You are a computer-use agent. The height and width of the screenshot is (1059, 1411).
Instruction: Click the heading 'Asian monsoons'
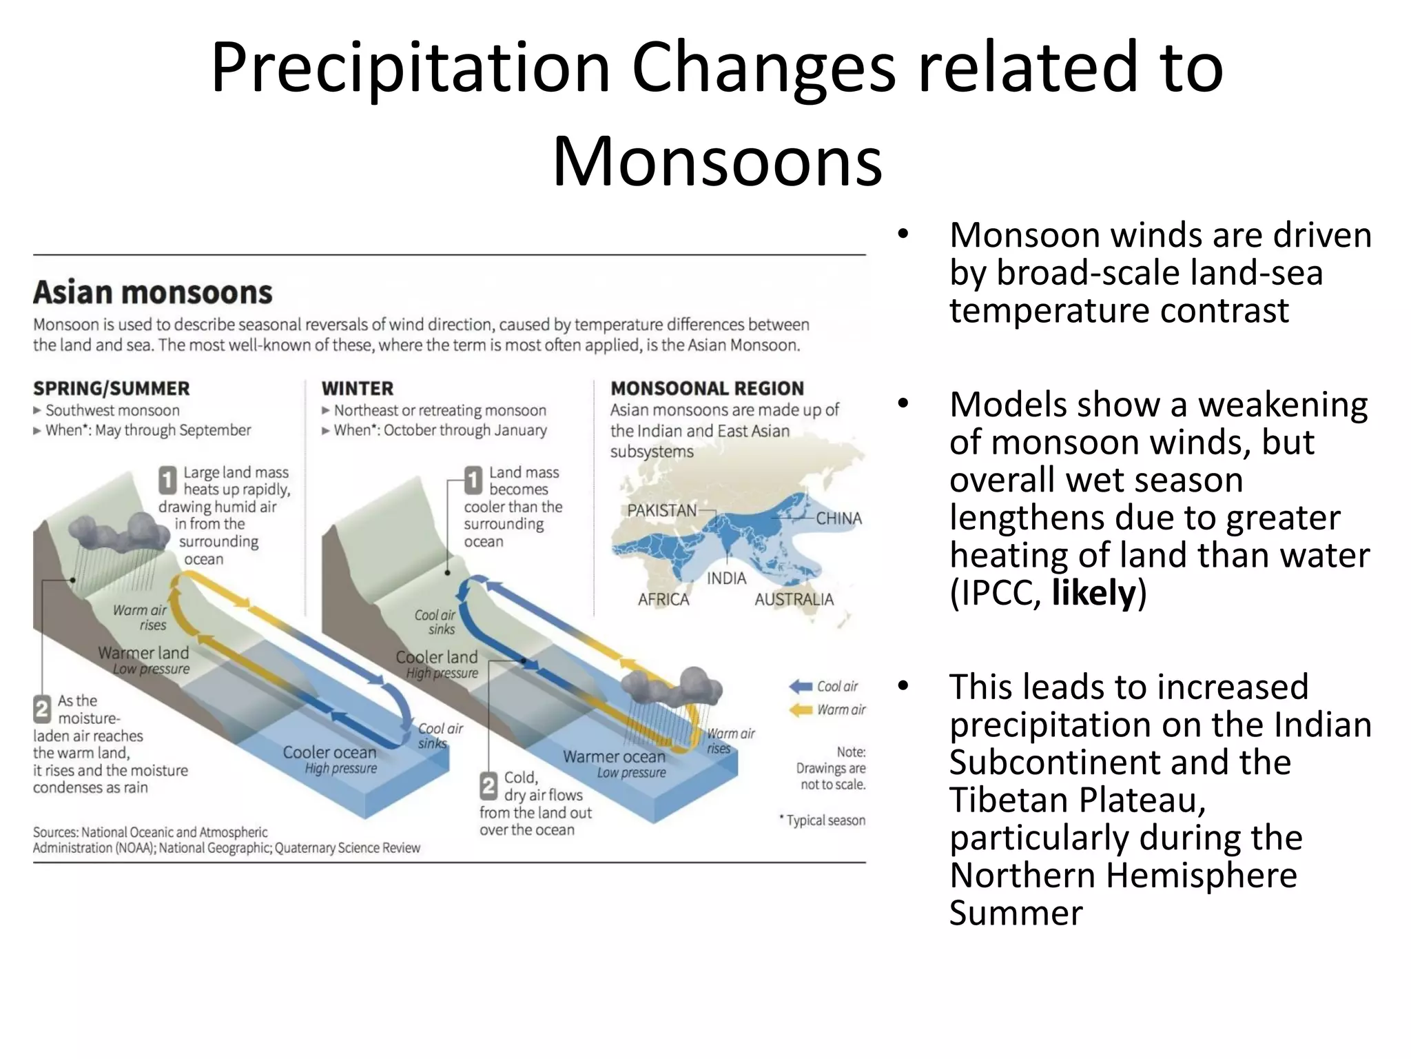[x=152, y=293]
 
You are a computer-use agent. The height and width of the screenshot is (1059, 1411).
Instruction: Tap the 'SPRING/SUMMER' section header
[x=111, y=388]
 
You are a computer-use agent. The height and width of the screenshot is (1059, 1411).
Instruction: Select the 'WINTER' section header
[x=357, y=388]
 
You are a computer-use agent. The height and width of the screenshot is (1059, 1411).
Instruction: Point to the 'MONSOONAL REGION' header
[x=707, y=388]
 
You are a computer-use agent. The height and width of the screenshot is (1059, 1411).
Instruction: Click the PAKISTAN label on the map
[x=661, y=511]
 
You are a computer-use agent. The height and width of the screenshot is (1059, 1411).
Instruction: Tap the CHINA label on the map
[x=838, y=518]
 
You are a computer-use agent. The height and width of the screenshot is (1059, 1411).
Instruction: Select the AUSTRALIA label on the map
[x=794, y=599]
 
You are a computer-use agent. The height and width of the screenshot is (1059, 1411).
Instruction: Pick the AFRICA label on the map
[x=663, y=599]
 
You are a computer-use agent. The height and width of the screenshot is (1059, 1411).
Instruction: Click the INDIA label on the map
[x=726, y=578]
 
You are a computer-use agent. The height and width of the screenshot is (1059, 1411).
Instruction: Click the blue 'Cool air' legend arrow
[x=801, y=686]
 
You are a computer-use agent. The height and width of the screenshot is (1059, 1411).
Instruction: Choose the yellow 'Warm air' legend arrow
[x=801, y=709]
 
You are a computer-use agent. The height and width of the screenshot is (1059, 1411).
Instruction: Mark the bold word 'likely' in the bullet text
[x=1093, y=593]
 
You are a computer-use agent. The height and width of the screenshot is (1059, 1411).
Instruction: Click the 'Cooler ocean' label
[x=329, y=752]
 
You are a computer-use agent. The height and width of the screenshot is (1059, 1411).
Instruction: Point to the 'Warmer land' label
[x=143, y=652]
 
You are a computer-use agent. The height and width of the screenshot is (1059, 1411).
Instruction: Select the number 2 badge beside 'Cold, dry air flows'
[x=488, y=786]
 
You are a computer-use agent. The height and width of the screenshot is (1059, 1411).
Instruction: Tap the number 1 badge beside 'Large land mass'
[x=167, y=481]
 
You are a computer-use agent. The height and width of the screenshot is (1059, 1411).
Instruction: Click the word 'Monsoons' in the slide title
[x=717, y=161]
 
